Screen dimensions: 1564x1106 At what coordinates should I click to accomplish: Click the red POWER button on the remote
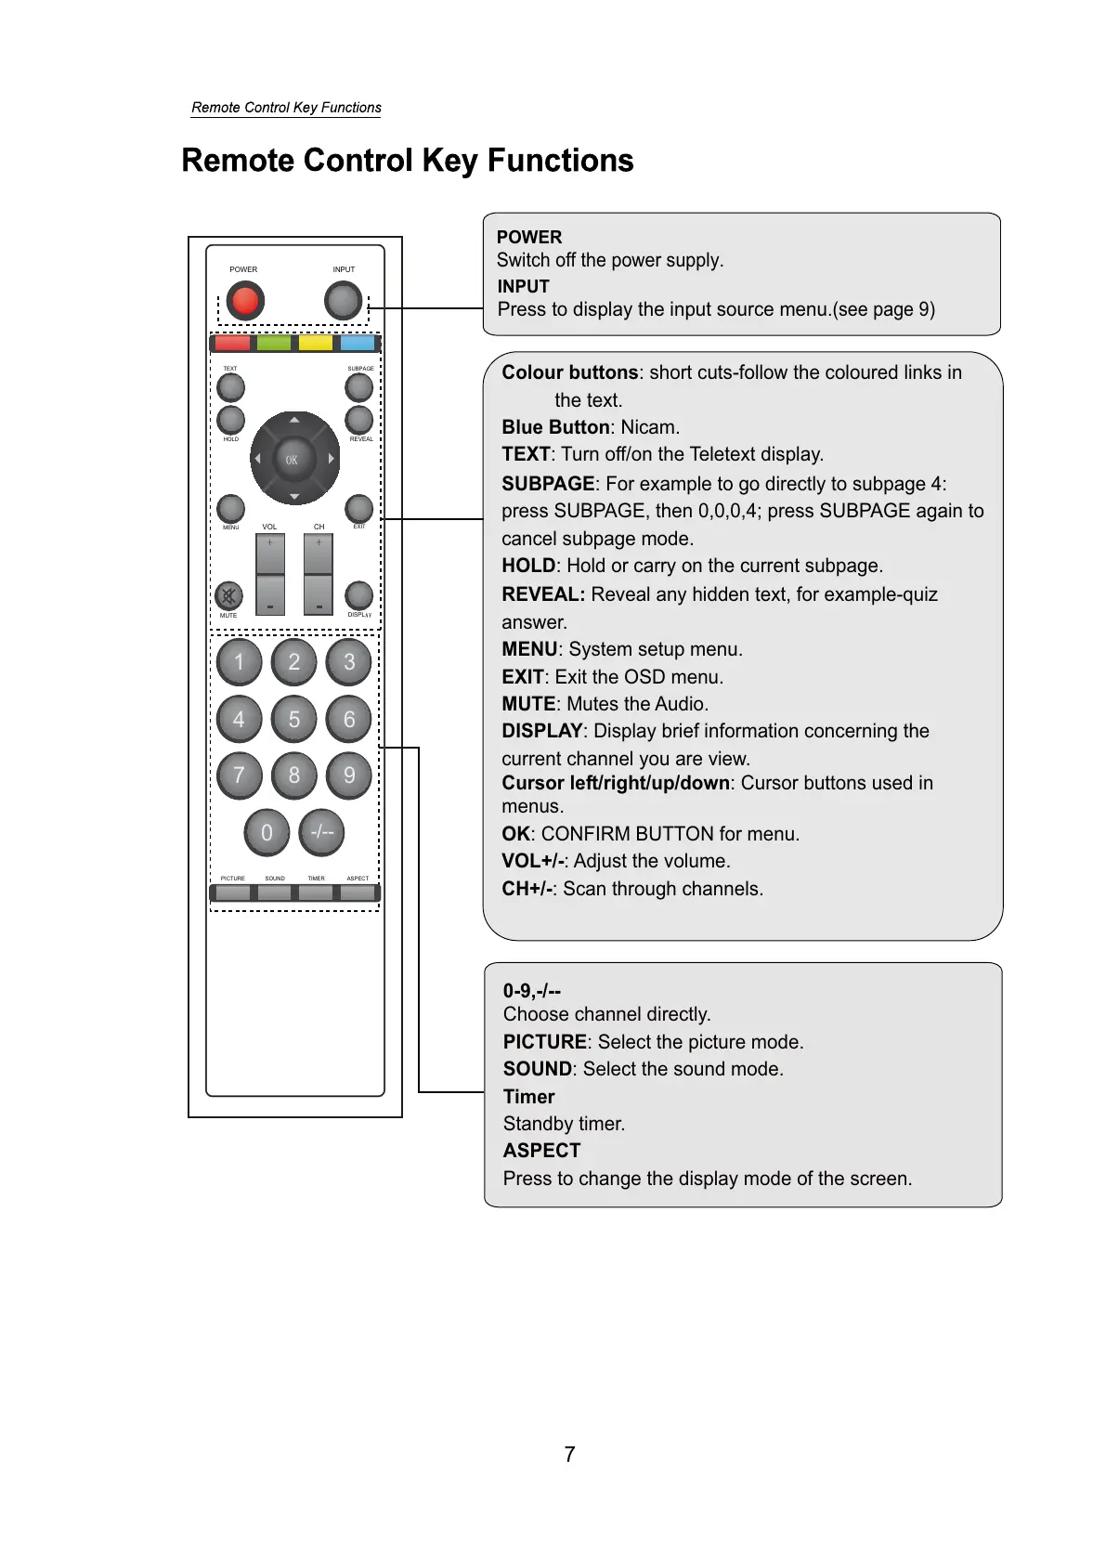245,301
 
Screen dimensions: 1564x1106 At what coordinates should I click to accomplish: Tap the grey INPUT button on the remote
343,301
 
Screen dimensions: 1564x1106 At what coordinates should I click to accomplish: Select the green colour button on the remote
274,344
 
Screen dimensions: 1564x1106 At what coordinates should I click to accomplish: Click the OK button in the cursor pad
292,459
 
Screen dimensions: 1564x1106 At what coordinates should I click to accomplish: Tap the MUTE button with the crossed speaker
228,595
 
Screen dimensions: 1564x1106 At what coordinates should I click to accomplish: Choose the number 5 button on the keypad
294,719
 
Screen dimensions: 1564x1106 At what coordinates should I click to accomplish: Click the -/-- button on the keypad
322,832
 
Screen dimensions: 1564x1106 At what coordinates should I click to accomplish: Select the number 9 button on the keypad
349,775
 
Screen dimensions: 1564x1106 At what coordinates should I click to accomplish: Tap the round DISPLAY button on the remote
358,594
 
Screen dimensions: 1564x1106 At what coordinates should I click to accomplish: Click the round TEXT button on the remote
230,387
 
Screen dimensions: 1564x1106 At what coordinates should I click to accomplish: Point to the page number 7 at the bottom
569,1454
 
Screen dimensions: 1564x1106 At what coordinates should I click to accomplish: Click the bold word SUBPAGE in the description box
548,484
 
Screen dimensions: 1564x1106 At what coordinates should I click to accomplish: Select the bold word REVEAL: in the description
543,594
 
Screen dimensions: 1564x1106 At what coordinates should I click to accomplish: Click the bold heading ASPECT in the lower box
541,1151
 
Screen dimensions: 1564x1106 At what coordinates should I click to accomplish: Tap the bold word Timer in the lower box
528,1097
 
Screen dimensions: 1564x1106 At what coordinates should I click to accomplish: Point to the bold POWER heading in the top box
529,237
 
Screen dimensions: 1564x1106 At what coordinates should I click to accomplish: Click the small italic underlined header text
286,108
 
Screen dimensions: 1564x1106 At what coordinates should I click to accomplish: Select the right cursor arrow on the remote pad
331,459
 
